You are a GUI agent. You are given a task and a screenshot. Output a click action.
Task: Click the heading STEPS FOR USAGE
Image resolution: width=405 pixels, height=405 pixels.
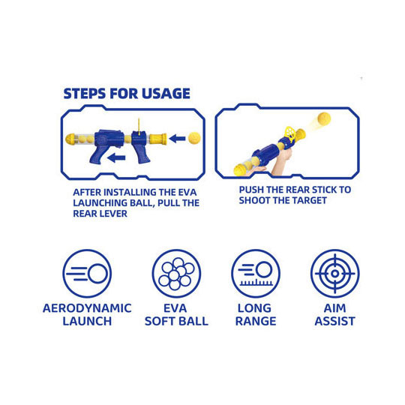127,94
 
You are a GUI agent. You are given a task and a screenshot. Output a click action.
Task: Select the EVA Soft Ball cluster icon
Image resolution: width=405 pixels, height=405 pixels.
176,273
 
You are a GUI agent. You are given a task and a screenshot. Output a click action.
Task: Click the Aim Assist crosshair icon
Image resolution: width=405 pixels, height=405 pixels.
335,273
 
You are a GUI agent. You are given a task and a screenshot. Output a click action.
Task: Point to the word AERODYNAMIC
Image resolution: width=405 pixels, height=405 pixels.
87,308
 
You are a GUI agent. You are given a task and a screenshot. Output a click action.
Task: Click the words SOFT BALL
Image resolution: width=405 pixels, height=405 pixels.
176,321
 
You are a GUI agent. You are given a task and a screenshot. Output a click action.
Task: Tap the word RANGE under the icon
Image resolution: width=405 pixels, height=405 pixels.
256,321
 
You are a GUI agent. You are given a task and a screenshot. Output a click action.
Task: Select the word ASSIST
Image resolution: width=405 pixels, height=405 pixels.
335,321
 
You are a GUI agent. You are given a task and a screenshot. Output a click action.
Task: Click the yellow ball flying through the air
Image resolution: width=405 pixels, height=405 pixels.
324,119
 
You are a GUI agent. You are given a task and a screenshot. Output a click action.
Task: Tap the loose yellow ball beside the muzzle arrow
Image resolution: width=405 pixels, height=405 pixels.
194,138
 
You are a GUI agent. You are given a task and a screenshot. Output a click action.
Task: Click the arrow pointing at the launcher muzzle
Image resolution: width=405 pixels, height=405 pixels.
178,139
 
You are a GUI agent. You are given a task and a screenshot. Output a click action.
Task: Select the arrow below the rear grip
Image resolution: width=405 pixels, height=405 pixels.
117,157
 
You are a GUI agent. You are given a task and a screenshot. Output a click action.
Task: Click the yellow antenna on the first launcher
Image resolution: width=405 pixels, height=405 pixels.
139,127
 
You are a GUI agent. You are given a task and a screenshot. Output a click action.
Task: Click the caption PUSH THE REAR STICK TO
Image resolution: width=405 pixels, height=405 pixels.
295,190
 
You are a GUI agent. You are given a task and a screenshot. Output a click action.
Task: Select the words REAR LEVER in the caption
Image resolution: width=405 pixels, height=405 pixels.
100,214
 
